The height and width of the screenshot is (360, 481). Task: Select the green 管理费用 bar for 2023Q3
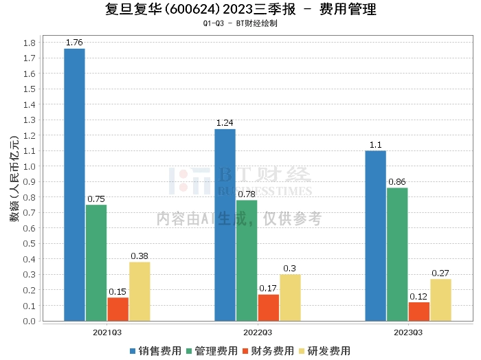coord(397,254)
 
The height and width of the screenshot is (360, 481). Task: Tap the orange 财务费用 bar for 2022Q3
coord(268,307)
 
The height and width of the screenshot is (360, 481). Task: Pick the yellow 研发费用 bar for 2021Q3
coord(139,291)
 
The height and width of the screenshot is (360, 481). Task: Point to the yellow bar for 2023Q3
coord(440,300)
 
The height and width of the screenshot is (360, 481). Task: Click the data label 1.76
coord(74,43)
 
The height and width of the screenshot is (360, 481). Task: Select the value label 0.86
coord(397,182)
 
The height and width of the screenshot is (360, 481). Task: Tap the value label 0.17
coord(268,289)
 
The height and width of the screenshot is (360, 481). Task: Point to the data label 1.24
coord(225,123)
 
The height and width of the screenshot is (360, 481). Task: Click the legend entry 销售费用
coord(155,350)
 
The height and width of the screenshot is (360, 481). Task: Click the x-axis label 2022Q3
coord(257,332)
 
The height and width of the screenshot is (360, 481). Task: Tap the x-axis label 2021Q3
coord(107,332)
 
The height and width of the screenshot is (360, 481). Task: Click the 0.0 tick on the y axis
coord(29,321)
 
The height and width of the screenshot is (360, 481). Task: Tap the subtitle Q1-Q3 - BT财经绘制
coord(240,23)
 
